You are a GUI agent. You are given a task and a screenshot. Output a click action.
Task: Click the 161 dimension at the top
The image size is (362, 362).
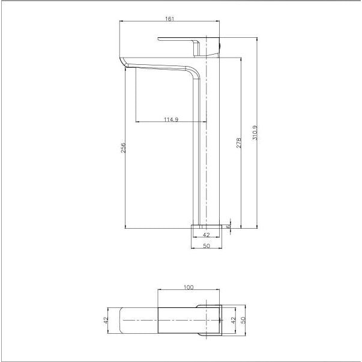[x=169, y=19]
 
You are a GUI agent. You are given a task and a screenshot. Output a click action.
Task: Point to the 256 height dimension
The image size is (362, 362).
[x=123, y=147]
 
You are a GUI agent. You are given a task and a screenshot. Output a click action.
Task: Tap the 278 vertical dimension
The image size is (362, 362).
[x=239, y=142]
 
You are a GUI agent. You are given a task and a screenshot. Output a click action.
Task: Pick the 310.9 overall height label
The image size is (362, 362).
[x=255, y=133]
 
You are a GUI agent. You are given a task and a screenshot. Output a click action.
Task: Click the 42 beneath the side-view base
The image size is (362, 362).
[x=207, y=235]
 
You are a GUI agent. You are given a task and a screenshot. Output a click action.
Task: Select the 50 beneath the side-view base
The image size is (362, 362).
[x=207, y=246]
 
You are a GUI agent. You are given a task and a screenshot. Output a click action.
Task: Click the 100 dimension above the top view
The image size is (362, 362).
[x=189, y=288]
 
